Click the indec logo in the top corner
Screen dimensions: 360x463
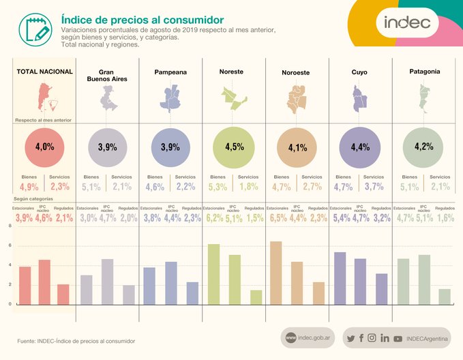(x=407, y=23)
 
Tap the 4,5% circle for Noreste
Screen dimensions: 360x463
(x=233, y=147)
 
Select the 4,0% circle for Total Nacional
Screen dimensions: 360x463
(x=44, y=147)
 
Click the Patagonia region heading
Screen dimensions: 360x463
(x=424, y=71)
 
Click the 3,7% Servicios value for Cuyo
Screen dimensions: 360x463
(x=374, y=187)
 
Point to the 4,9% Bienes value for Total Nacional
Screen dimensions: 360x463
(x=29, y=187)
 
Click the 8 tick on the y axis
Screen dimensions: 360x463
(x=10, y=226)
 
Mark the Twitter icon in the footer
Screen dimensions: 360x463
(x=350, y=338)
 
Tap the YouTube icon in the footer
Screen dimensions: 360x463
(x=397, y=338)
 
